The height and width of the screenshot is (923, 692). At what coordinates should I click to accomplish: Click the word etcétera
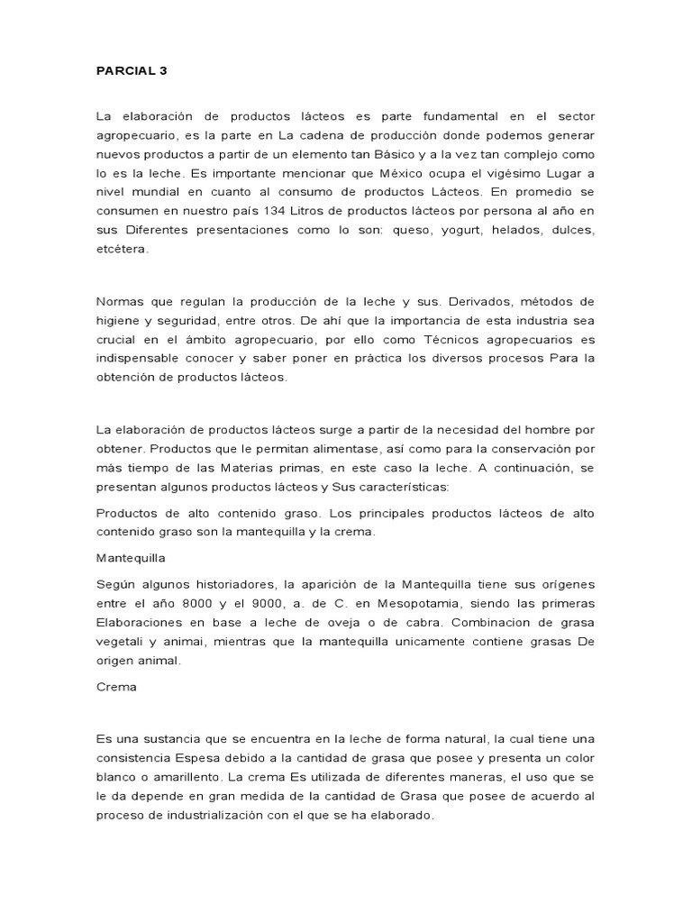click(x=123, y=250)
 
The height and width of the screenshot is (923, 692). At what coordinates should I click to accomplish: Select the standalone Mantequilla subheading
click(x=131, y=558)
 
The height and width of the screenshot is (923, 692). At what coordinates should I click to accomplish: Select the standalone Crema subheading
click(x=116, y=686)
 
